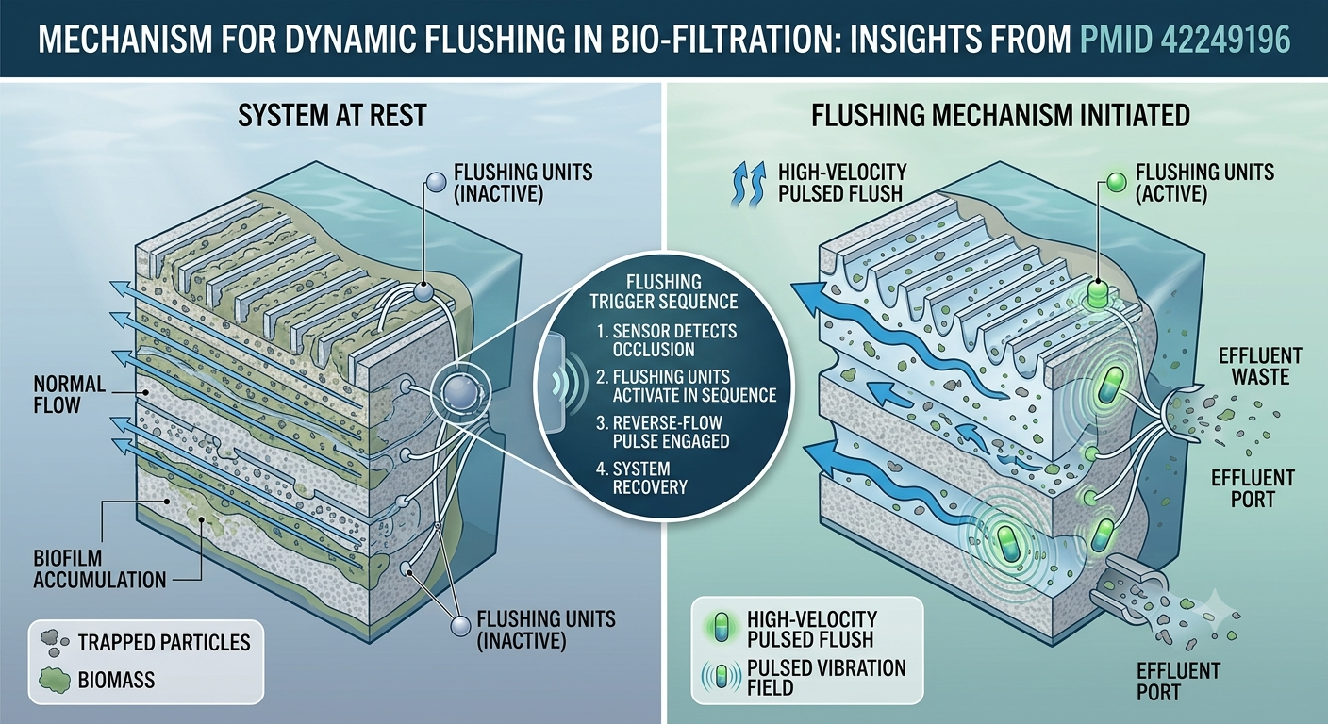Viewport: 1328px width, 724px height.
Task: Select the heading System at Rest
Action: [332, 115]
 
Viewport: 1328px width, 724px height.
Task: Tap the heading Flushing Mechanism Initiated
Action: [1000, 115]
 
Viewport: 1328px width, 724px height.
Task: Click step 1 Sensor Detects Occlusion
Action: [667, 340]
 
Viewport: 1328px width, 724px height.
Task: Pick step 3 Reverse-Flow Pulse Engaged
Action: [663, 432]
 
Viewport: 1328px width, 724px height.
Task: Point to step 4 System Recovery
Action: [642, 478]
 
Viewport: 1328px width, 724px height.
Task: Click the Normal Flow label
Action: [70, 395]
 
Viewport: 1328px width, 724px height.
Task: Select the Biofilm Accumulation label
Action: [100, 568]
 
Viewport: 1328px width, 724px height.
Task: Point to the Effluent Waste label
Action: [1260, 366]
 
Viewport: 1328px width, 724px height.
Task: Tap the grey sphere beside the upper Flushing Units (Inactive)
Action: [436, 182]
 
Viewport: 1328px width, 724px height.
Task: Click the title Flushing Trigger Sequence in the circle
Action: [663, 291]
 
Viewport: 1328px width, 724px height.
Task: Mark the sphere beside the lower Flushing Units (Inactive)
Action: [460, 626]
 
